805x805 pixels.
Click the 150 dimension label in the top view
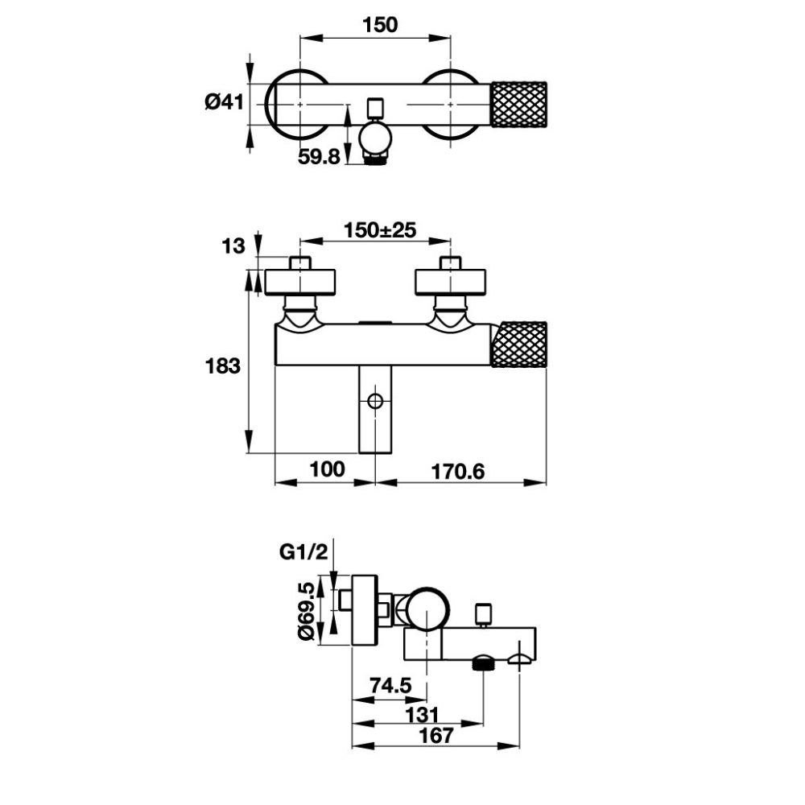[x=380, y=25]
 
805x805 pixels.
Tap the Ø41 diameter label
[x=225, y=101]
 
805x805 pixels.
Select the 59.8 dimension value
[x=319, y=157]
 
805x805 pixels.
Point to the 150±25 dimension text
[x=380, y=230]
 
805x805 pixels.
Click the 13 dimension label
[x=233, y=246]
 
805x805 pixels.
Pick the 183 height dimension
[x=223, y=366]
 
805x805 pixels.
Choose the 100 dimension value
[x=328, y=469]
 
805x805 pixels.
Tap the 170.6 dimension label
[x=457, y=471]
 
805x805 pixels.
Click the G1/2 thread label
[x=303, y=552]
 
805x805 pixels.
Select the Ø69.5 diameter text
[x=307, y=610]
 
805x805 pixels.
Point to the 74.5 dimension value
[x=391, y=685]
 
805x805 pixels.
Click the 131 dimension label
[x=422, y=714]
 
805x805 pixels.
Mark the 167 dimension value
[x=436, y=735]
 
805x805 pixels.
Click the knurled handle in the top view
[x=519, y=104]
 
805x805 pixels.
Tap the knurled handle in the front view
[x=519, y=345]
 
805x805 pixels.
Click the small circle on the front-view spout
[x=375, y=401]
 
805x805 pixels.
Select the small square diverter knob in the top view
[x=376, y=107]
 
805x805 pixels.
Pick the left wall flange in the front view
[x=299, y=282]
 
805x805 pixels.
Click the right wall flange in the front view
[x=450, y=282]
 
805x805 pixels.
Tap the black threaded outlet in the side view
[x=483, y=664]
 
